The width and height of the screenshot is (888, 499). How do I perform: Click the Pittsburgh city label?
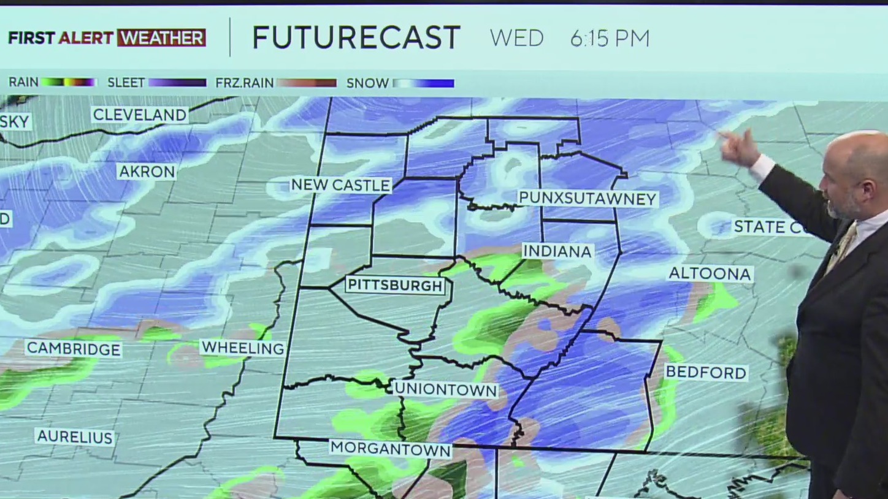(x=395, y=286)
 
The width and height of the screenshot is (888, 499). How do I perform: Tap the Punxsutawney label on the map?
(x=588, y=198)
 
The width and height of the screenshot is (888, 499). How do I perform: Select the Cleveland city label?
(x=140, y=115)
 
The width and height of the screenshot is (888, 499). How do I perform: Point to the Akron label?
(x=147, y=172)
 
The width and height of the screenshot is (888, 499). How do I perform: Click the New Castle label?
(x=340, y=185)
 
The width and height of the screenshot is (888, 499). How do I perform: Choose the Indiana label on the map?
(x=557, y=251)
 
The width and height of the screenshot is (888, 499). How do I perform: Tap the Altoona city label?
(x=710, y=273)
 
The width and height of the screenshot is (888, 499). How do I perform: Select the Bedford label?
(x=706, y=372)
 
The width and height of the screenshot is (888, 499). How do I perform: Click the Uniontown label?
(x=445, y=389)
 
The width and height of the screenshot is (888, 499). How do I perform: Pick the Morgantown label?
(x=391, y=449)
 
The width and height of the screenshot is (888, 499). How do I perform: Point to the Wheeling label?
(x=243, y=348)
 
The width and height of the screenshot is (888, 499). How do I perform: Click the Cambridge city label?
(x=74, y=349)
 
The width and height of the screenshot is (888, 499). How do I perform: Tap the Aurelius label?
(x=75, y=437)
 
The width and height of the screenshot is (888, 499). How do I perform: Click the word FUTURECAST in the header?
(x=356, y=38)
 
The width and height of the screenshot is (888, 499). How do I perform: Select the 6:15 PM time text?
(x=610, y=39)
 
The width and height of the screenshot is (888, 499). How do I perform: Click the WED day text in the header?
(x=516, y=39)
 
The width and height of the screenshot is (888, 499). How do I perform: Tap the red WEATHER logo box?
(x=161, y=38)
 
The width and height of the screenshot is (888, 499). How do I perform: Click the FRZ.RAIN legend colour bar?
(x=306, y=83)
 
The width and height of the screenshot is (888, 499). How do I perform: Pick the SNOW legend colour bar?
(x=424, y=83)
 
